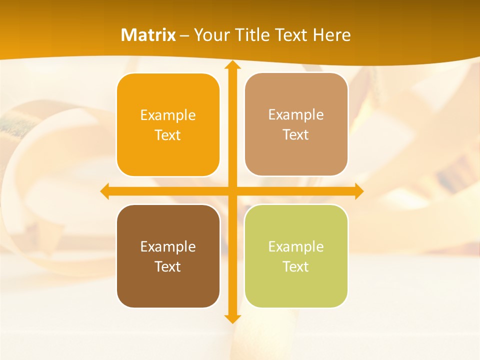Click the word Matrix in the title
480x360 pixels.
tap(148, 35)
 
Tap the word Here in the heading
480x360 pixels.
tap(331, 35)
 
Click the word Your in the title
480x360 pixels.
tap(208, 35)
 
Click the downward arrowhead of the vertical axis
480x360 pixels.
tap(232, 318)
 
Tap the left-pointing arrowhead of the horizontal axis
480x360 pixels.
tap(105, 191)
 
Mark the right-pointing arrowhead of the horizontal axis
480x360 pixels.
tap(359, 191)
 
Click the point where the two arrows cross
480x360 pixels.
tap(232, 191)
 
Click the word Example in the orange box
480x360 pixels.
tap(168, 115)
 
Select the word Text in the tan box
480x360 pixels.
tap(295, 135)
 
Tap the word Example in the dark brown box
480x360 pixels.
tap(168, 247)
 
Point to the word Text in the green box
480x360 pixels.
tap(295, 266)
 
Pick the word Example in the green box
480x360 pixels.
tap(296, 247)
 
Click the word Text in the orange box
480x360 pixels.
tap(167, 135)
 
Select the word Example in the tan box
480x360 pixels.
tap(296, 115)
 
